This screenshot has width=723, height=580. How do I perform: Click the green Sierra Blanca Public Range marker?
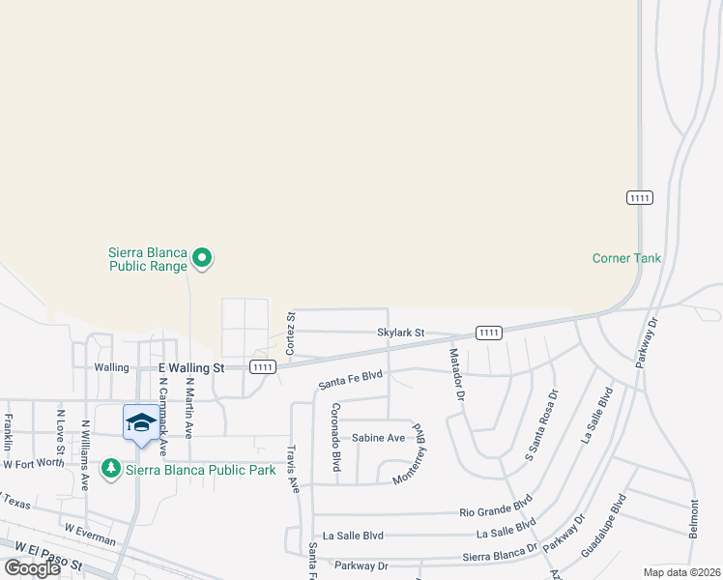pos(202,257)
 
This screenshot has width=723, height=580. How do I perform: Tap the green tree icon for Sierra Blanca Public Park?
pos(112,469)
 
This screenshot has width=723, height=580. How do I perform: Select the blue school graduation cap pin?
pos(141,423)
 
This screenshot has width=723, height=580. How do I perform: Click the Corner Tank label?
pos(626,258)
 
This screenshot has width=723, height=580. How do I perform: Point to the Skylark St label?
pos(401,333)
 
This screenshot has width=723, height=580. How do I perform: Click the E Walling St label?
pos(190,368)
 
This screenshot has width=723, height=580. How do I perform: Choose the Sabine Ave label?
pos(378,438)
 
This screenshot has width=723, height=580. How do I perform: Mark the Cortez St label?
pos(290,332)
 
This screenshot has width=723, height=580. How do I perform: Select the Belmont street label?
pos(693,520)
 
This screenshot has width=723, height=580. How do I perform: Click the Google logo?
pos(33,568)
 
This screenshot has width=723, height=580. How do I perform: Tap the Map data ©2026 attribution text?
pos(681,572)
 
